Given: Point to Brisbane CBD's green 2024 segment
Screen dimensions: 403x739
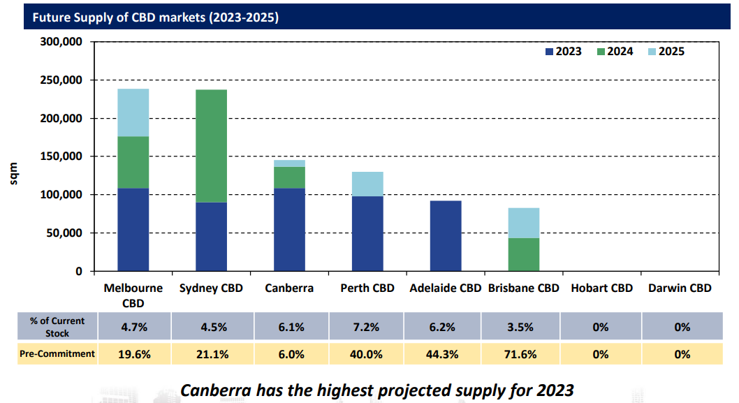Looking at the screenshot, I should click(524, 254).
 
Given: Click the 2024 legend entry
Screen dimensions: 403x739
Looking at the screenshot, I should click(615, 52).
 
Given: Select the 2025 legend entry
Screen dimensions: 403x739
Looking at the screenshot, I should click(665, 52).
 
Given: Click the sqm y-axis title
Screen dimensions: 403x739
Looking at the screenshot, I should click(13, 175).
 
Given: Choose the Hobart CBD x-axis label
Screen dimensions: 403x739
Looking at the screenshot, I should click(601, 288).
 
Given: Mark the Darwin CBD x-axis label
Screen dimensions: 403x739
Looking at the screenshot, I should click(680, 288).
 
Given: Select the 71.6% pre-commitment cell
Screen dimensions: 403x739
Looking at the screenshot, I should click(523, 354).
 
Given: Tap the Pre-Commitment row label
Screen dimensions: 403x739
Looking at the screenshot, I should click(57, 353).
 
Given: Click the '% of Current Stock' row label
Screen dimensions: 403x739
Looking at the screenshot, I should click(57, 327).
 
